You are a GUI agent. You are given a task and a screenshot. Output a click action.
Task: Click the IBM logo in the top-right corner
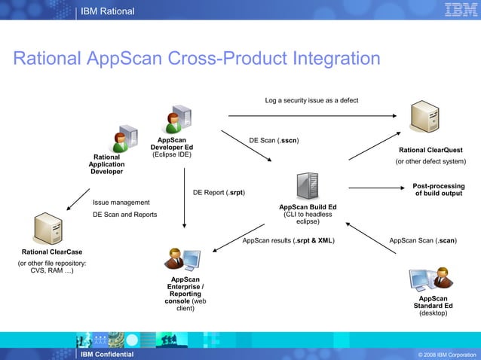pos(455,11)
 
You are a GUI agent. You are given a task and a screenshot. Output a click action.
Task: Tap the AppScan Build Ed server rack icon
pos(307,186)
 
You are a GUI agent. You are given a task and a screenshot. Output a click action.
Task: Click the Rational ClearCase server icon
pos(51,227)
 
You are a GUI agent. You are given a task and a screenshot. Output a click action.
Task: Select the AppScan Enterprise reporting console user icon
pos(184,258)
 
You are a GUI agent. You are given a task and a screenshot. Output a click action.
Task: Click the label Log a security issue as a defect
pos(311,100)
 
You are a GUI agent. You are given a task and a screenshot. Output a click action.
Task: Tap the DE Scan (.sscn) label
pos(274,140)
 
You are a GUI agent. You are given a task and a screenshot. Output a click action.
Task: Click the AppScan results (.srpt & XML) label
pos(289,241)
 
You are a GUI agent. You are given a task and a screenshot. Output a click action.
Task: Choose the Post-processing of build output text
pos(438,190)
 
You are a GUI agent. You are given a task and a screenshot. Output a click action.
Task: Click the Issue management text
pos(121,203)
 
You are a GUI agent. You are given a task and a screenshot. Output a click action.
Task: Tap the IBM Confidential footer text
pos(107,354)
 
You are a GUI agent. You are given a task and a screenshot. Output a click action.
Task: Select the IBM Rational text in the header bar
pos(107,11)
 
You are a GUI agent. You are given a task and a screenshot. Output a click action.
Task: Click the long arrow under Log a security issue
pos(311,116)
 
